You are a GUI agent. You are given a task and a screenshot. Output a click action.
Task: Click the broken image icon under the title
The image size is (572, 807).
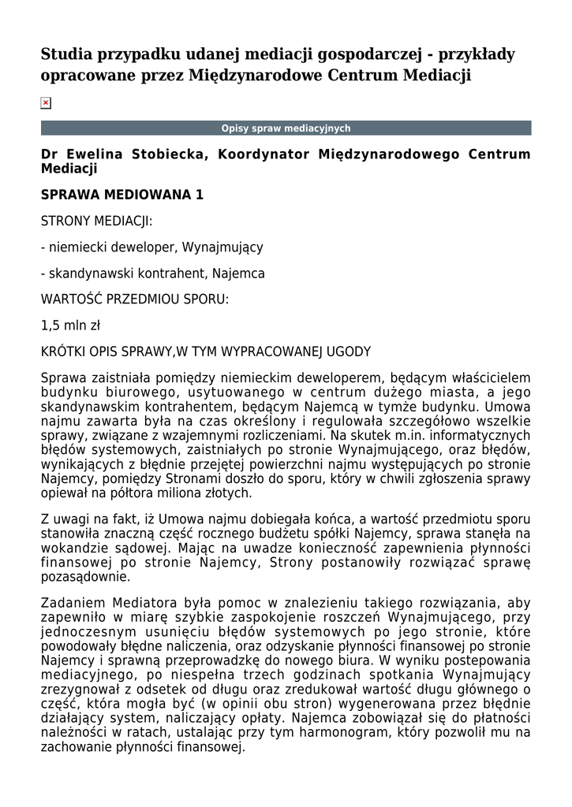coord(46,103)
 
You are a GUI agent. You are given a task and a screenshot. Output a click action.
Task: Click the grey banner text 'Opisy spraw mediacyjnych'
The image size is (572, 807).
coord(286,128)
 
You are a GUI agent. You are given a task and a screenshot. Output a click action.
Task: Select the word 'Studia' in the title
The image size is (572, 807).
coord(66,54)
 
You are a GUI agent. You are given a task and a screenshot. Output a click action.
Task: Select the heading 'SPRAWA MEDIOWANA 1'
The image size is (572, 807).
coord(122,195)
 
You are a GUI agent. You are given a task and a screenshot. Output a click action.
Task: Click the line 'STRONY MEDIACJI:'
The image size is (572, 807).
coord(96,221)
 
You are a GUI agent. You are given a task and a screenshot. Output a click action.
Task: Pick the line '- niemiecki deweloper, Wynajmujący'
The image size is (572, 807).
coord(151,247)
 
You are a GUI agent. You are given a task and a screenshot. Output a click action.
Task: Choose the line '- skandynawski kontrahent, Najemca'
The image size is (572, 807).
coord(152,273)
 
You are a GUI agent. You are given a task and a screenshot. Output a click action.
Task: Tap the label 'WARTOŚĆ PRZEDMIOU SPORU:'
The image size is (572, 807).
coord(135,299)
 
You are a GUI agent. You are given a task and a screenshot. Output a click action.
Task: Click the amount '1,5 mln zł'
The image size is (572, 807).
coord(70,325)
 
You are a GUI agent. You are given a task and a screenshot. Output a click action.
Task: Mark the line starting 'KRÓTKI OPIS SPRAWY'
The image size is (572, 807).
coord(205,351)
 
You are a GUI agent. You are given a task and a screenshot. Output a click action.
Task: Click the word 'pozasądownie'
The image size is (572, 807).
coord(80,577)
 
